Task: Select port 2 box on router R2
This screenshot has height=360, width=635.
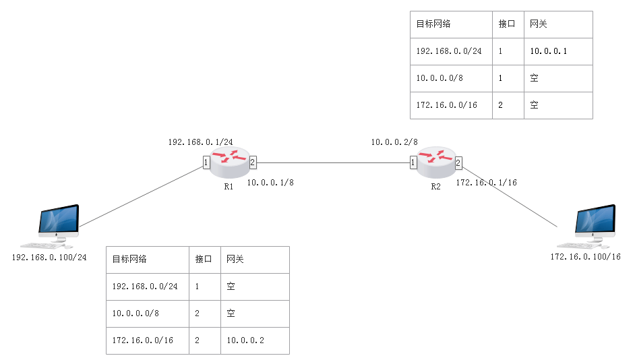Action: click(458, 162)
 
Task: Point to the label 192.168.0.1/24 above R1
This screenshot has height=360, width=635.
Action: click(200, 142)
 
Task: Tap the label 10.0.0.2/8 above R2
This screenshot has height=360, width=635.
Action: click(394, 142)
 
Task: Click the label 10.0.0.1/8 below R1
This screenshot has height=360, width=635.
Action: click(270, 183)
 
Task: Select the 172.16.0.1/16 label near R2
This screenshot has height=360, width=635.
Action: click(486, 183)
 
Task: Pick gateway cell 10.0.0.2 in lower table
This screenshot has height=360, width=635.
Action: click(245, 340)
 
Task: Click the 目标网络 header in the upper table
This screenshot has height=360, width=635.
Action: click(433, 24)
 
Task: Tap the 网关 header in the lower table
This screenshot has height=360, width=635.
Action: click(235, 260)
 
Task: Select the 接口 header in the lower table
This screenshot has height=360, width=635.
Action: click(204, 260)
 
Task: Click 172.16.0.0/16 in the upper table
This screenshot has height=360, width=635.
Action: click(447, 105)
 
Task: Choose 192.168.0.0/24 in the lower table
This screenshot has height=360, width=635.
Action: click(145, 287)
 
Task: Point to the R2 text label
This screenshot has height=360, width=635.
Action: click(435, 187)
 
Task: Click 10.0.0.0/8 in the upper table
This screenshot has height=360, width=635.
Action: click(440, 78)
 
